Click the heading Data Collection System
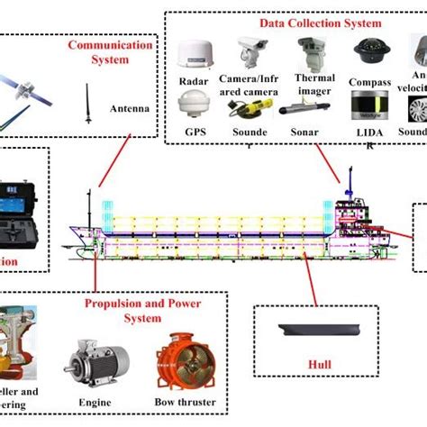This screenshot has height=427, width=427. click(x=309, y=23)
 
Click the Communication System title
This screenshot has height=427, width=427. click(x=102, y=53)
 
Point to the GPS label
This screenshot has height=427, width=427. click(x=195, y=132)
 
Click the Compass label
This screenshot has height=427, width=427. click(x=369, y=82)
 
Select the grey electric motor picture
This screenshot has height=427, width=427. click(x=90, y=361)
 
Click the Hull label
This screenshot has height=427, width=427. click(x=319, y=365)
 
